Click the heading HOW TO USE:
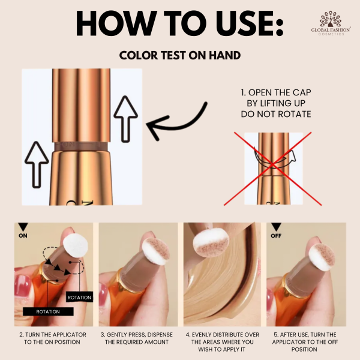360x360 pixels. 179,25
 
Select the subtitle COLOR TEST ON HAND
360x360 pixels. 180,55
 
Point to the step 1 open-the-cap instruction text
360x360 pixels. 275,103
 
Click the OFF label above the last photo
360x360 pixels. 277,236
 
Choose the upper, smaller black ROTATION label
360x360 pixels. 79,298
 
